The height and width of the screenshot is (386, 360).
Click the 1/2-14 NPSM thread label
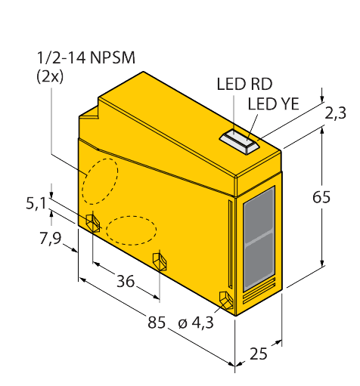click(86, 58)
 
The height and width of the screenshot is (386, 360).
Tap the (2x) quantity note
click(50, 77)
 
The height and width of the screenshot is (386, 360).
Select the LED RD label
click(244, 84)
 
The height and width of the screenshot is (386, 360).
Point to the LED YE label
click(274, 103)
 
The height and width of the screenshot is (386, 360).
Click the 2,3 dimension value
click(335, 113)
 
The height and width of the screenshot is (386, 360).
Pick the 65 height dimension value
click(321, 197)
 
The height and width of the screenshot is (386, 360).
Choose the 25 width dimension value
click(259, 354)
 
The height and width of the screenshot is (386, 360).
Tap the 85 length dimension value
click(157, 322)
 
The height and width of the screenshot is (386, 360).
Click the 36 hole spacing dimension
click(126, 281)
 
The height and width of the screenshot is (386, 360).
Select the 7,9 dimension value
click(50, 239)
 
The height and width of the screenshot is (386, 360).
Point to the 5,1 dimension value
click(36, 203)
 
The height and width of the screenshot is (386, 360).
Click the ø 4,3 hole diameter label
click(196, 323)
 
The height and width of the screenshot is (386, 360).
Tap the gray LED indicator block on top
click(239, 141)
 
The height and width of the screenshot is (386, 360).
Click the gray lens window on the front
click(259, 239)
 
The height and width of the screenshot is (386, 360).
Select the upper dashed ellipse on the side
click(100, 181)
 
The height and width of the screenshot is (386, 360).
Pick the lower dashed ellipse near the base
click(131, 230)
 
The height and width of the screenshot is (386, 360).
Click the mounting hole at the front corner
click(226, 300)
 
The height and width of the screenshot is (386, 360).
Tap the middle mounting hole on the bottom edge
click(160, 262)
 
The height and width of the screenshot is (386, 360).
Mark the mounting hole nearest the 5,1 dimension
click(93, 223)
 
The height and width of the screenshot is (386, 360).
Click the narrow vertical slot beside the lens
click(230, 244)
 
